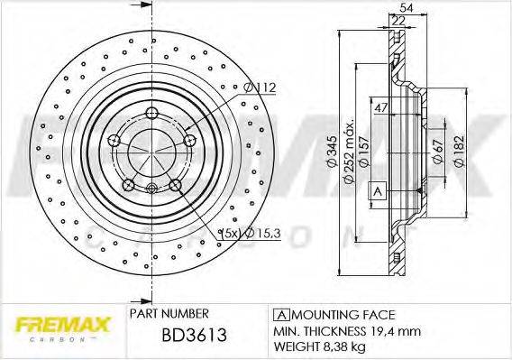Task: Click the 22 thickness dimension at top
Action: [398, 20]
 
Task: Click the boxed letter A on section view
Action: [378, 191]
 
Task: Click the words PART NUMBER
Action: [164, 315]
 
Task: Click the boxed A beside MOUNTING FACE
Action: [279, 314]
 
